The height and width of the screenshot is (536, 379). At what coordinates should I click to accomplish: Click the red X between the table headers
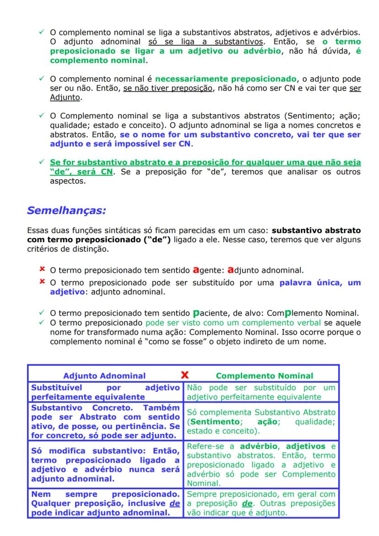[185, 375]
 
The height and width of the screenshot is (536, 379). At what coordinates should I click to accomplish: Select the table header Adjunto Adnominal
[104, 376]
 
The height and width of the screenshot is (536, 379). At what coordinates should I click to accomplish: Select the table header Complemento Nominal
[264, 376]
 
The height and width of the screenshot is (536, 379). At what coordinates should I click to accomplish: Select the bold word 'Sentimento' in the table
[211, 422]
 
